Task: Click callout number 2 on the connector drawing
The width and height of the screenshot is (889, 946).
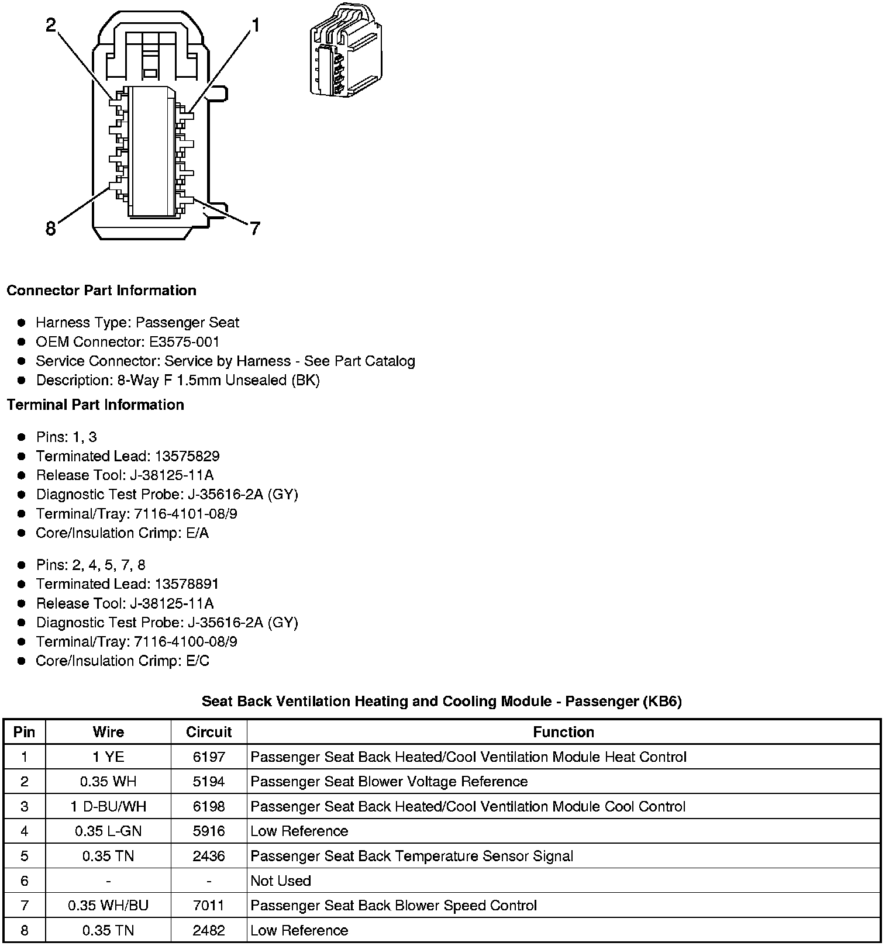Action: point(51,25)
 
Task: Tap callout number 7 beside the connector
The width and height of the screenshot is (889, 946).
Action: point(254,229)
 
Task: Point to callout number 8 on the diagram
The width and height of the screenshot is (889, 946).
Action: point(51,229)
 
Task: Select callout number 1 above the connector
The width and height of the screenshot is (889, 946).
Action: point(255,25)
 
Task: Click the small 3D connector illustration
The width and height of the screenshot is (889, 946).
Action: point(345,50)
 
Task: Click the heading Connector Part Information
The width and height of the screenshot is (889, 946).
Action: point(101,291)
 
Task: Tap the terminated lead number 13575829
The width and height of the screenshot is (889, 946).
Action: point(187,456)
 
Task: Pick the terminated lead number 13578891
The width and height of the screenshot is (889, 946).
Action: point(187,584)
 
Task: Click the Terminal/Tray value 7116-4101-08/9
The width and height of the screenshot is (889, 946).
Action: point(185,514)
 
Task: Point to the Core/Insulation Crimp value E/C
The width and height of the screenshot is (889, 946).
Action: point(197,661)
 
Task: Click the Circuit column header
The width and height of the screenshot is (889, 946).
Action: point(209,732)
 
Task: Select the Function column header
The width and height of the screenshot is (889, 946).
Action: point(563,732)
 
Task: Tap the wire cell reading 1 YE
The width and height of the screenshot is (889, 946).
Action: point(108,757)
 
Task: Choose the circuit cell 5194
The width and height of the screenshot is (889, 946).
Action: point(209,782)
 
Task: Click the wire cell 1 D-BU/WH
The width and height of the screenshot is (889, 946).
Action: point(108,807)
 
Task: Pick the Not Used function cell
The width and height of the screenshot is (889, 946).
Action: point(281,881)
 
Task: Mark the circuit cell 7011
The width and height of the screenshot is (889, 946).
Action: point(209,906)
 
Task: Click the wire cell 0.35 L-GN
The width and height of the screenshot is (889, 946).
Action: point(108,831)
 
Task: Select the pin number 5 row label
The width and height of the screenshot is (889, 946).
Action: point(24,857)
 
